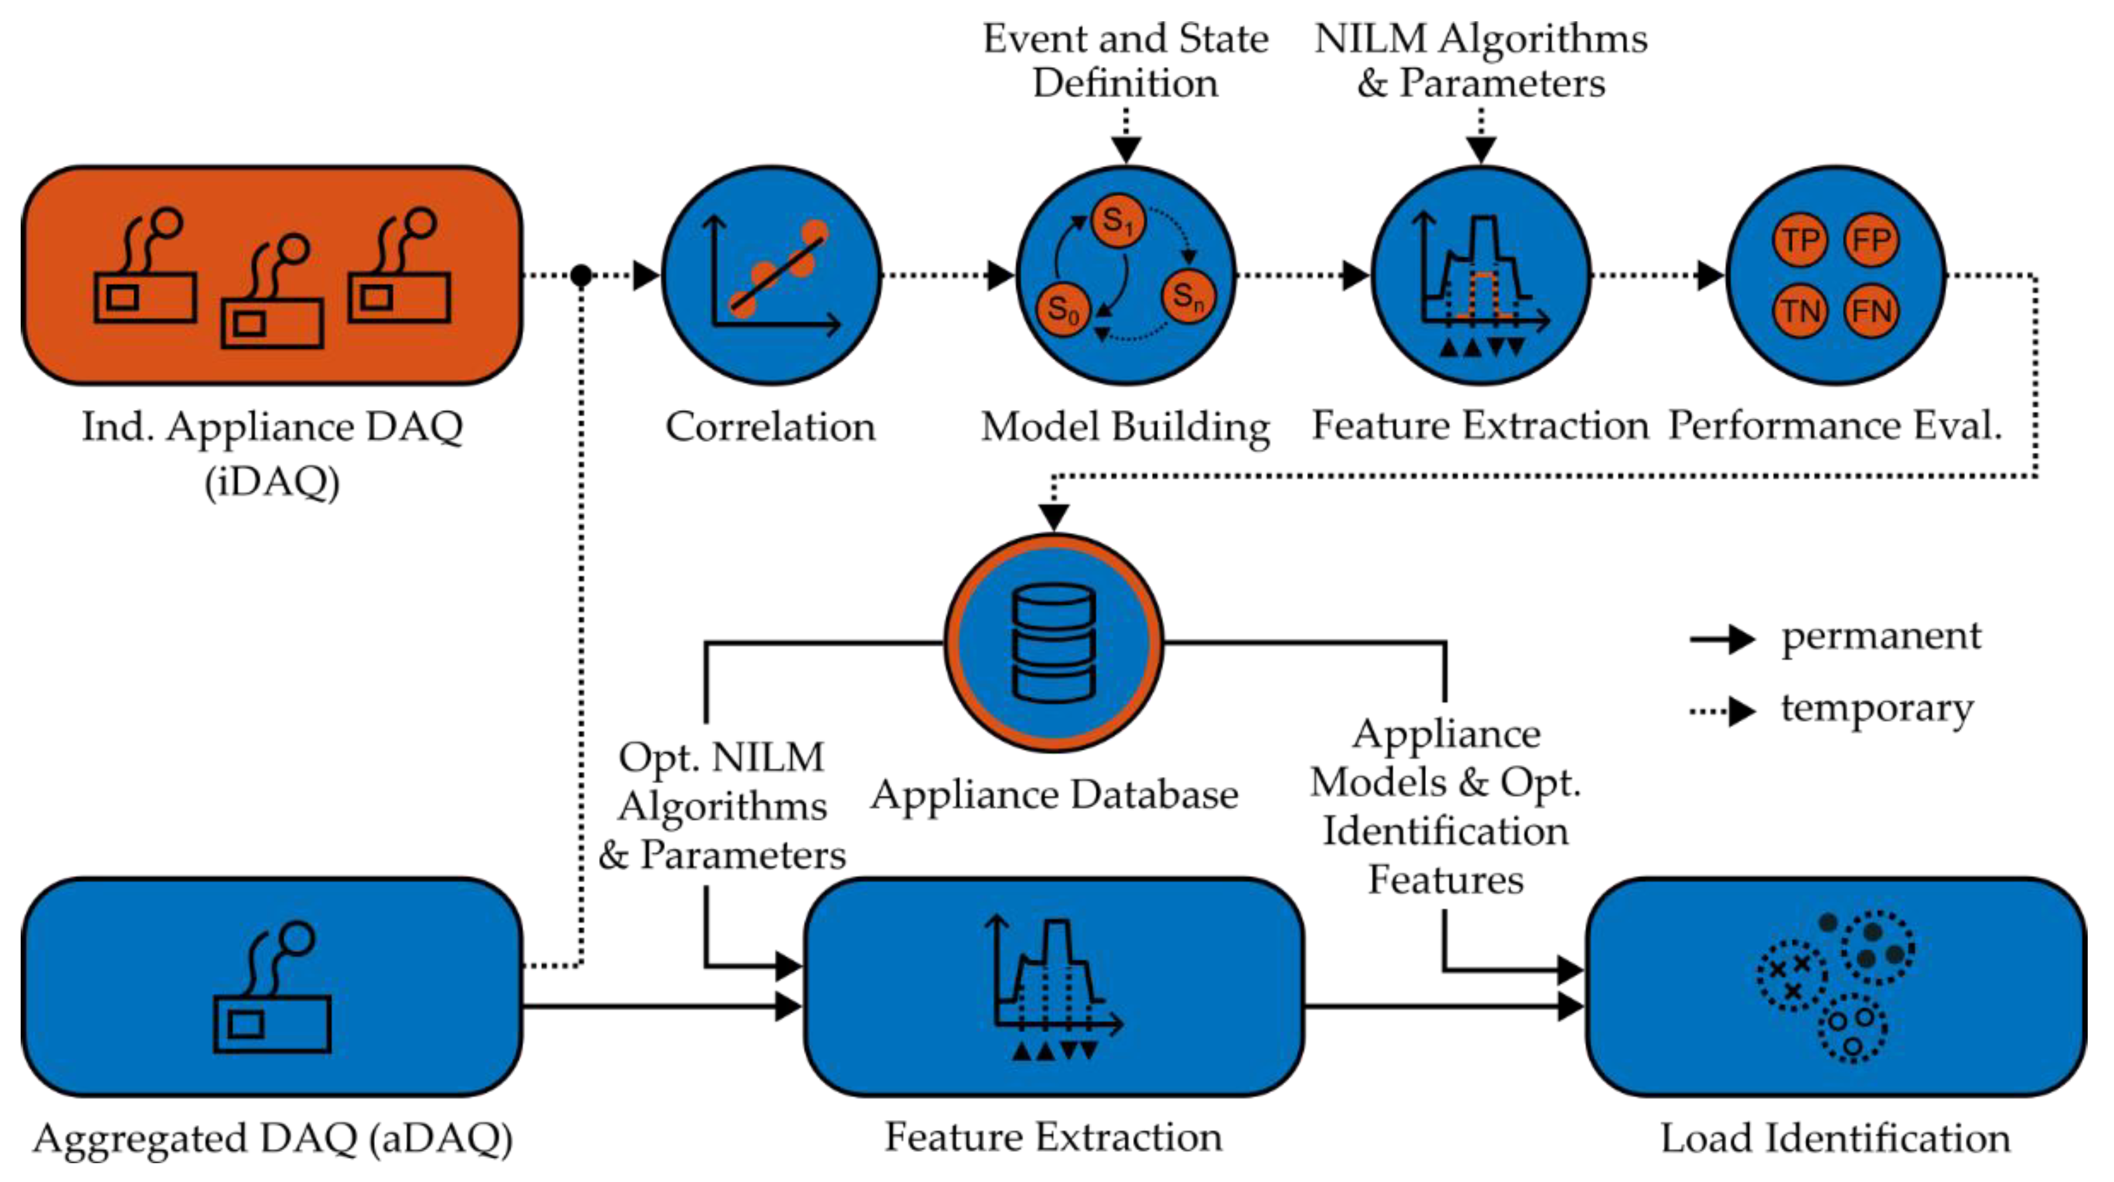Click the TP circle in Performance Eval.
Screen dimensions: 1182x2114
1799,240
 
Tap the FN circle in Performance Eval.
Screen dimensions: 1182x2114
1871,311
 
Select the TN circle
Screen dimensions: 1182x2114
1799,311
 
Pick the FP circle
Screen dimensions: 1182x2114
1871,240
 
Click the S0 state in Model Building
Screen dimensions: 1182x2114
1064,309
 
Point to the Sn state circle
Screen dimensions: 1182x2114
1187,295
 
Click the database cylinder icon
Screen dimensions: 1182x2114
1054,643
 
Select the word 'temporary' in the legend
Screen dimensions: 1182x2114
1877,708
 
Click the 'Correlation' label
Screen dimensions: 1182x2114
770,427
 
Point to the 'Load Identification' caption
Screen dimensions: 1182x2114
1835,1139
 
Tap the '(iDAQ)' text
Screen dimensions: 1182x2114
272,482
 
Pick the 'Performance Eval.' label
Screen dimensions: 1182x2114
1835,426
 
